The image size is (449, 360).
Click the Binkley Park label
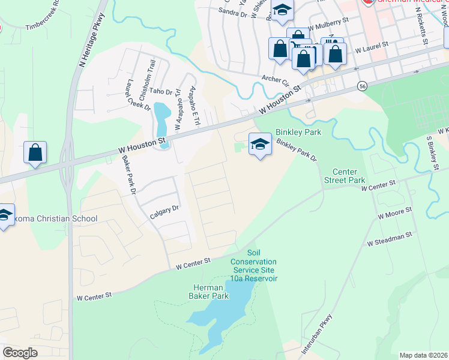298,132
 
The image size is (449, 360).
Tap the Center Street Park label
345,176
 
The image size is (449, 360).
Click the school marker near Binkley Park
259,145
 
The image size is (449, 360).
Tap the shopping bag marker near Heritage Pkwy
35,152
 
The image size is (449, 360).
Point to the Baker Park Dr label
130,174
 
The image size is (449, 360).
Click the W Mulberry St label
328,25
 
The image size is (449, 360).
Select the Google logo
20,353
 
